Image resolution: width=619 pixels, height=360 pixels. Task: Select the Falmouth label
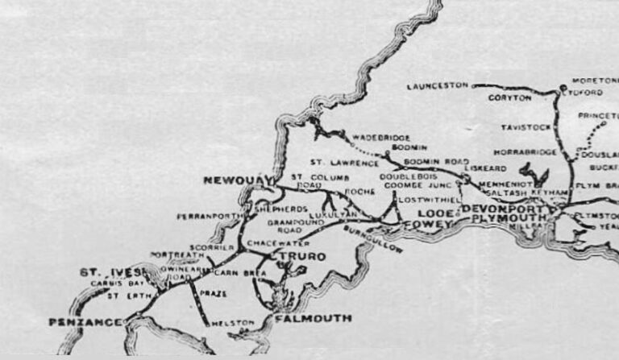(313, 318)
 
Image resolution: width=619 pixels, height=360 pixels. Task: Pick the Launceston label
(438, 85)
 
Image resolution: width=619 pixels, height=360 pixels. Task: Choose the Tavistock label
(525, 127)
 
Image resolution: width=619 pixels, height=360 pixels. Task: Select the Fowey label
(424, 225)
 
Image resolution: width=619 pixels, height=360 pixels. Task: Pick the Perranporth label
(204, 216)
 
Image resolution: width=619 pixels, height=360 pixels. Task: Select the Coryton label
(510, 97)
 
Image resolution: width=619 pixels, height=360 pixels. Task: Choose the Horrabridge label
(528, 152)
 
